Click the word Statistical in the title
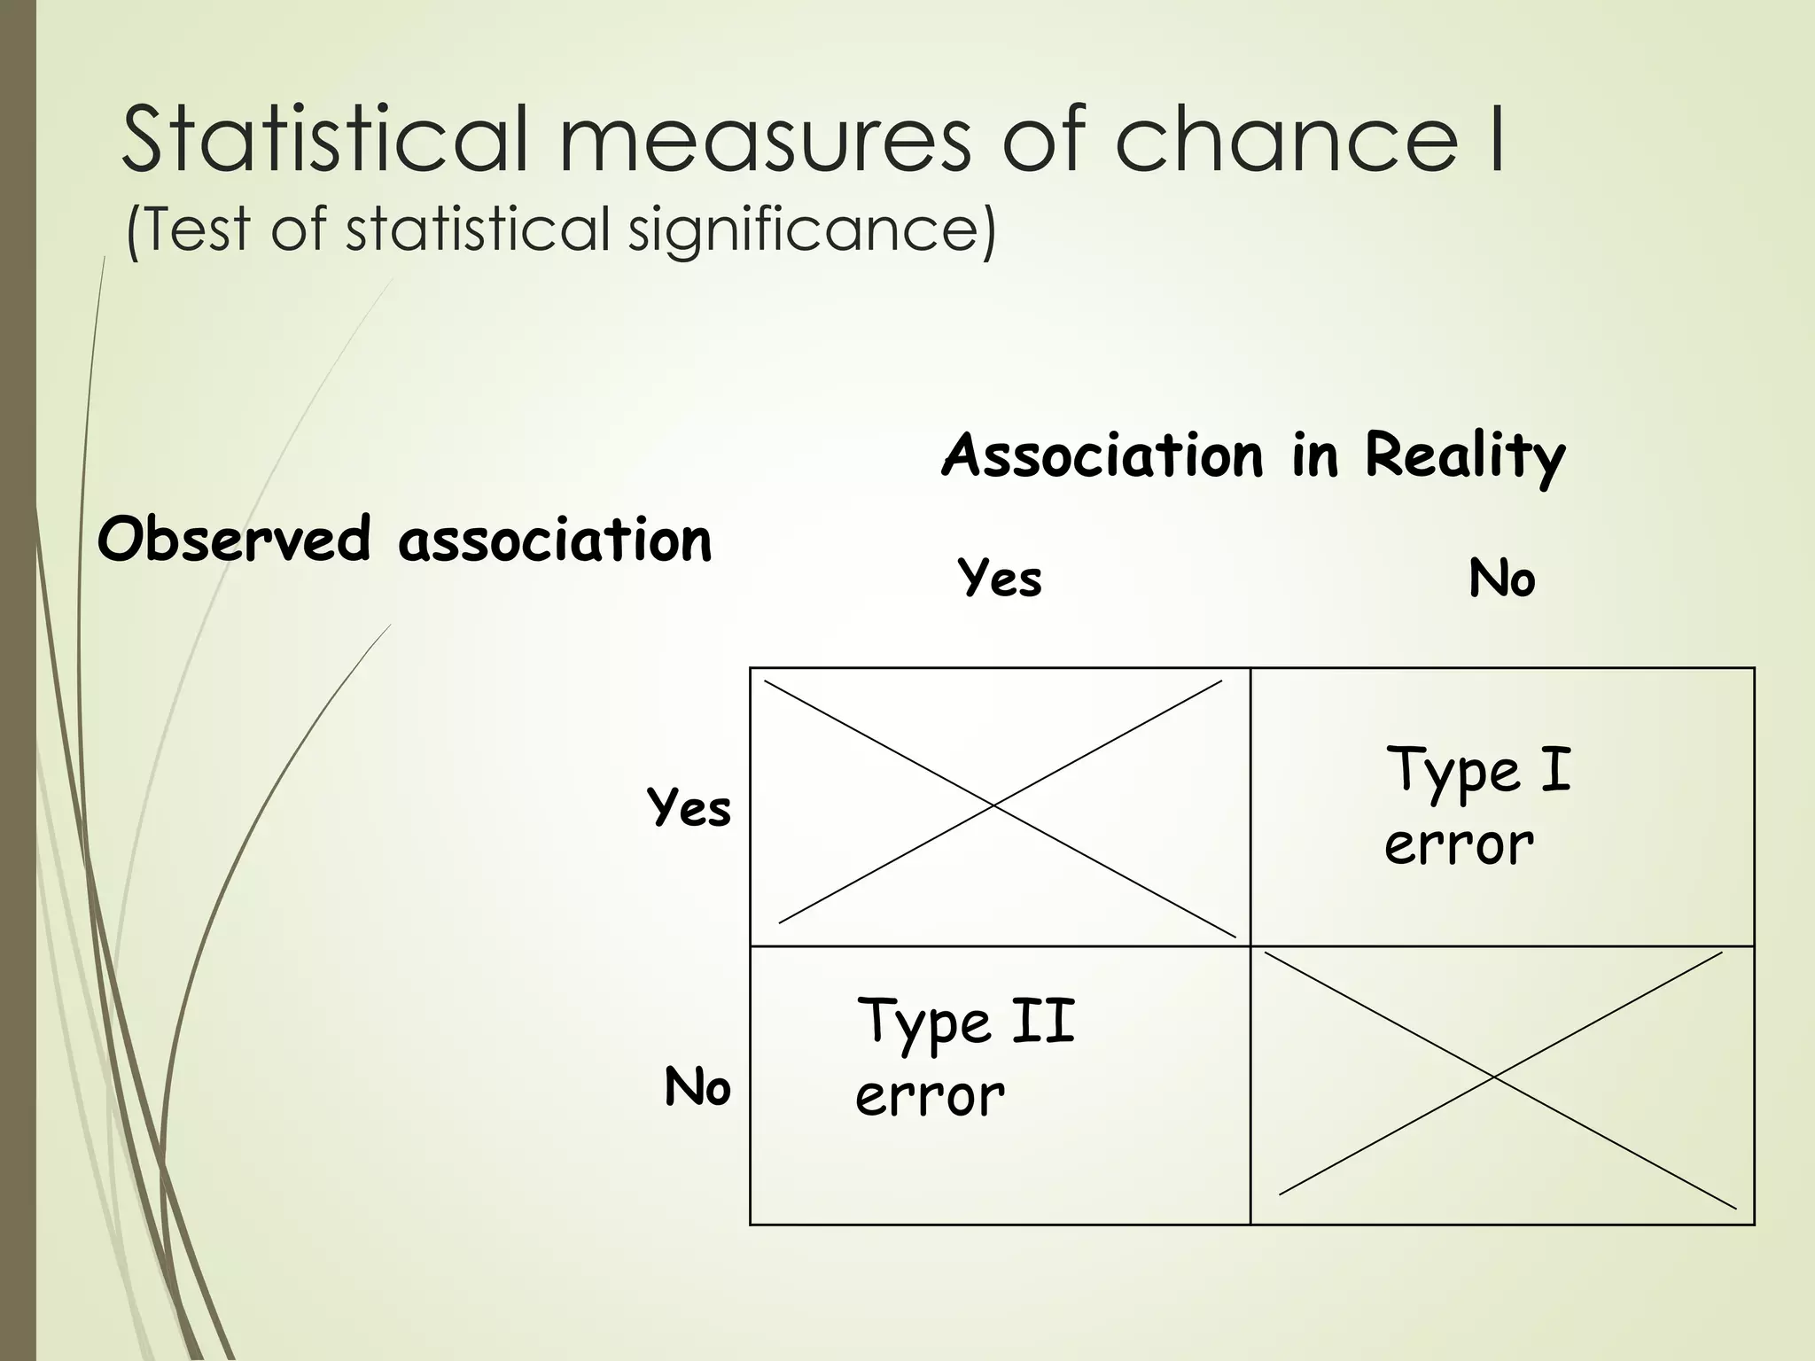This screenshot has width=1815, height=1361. click(324, 139)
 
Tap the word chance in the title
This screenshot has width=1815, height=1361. click(1284, 139)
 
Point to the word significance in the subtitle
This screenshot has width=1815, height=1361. click(812, 230)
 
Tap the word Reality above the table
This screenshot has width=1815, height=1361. click(1465, 456)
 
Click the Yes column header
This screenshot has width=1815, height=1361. click(1000, 579)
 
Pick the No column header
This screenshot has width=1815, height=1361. click(1501, 579)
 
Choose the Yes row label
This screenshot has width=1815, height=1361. click(689, 808)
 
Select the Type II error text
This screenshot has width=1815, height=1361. click(965, 1056)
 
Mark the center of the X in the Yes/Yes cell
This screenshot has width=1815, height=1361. click(995, 805)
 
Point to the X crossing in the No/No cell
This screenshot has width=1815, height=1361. click(1494, 1077)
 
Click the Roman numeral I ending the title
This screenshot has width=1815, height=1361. click(1494, 139)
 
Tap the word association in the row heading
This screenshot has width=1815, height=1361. click(555, 540)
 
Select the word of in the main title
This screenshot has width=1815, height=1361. click(1043, 139)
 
